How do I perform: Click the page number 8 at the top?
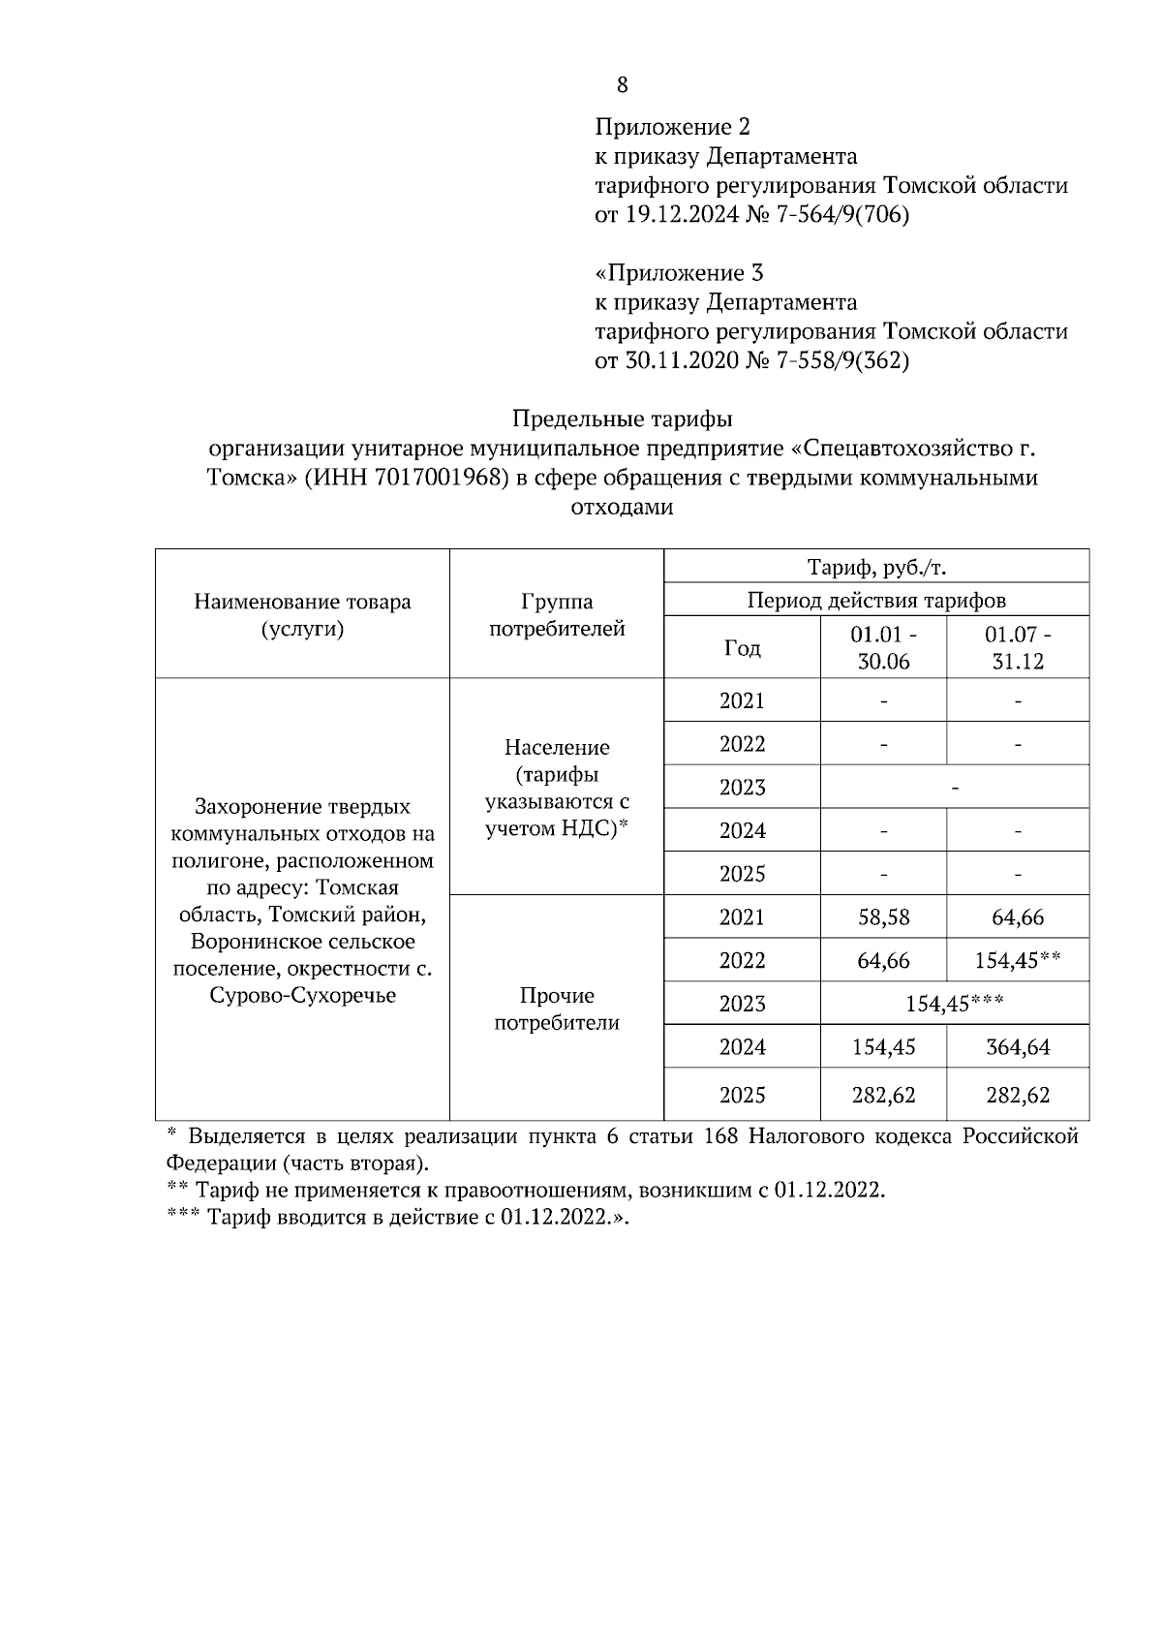pos(622,85)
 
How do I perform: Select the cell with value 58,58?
pos(883,917)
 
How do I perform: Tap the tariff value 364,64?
pos(1018,1047)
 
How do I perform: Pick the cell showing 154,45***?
pos(954,1004)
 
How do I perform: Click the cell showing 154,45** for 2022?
pos(1018,960)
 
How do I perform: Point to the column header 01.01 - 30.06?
pos(883,648)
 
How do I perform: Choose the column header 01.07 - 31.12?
pos(1018,648)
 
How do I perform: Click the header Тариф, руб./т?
pos(876,567)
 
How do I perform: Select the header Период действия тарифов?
pos(876,601)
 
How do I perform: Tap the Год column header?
pos(742,648)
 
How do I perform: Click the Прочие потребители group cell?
pos(557,1009)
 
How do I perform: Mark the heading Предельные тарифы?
pos(622,419)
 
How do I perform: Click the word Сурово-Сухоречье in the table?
pos(302,996)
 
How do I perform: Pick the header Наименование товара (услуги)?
pos(302,614)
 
